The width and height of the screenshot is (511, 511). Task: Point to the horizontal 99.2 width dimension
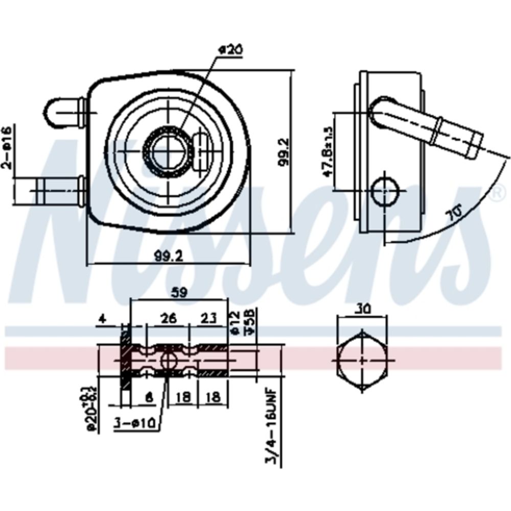pos(169,257)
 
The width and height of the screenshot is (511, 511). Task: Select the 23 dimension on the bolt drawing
pos(208,319)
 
